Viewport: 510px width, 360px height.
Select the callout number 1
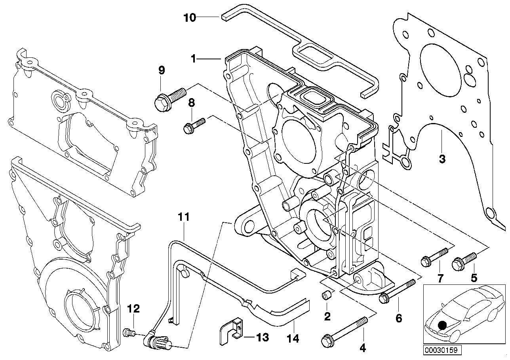click(193, 59)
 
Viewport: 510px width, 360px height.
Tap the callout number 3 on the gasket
click(442, 159)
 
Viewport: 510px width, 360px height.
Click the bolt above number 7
click(434, 257)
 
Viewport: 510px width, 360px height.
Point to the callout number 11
click(184, 217)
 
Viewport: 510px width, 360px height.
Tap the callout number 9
click(161, 70)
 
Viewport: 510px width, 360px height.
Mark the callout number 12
click(133, 309)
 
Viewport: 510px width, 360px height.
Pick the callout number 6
click(398, 318)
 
